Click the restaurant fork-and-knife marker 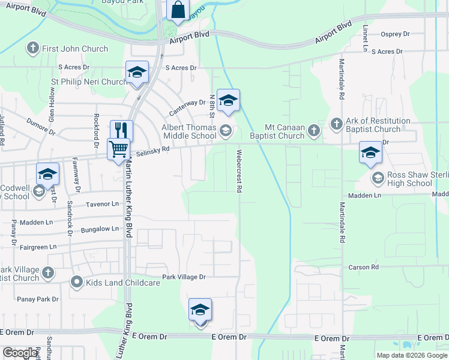click(x=121, y=130)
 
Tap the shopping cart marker click(x=118, y=148)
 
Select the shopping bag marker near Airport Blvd click(x=178, y=10)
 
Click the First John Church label click(x=75, y=49)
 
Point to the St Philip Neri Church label click(x=89, y=82)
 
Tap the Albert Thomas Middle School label click(x=189, y=131)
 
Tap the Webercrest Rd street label click(x=239, y=171)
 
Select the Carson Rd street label click(x=364, y=267)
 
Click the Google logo click(x=20, y=353)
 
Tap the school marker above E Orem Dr click(x=200, y=310)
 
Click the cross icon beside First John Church click(x=32, y=47)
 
